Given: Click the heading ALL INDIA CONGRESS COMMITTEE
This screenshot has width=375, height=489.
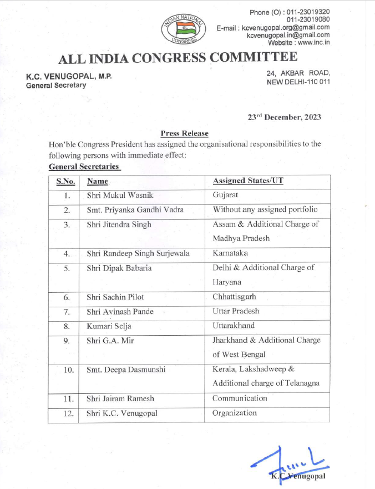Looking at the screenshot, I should coord(178,58).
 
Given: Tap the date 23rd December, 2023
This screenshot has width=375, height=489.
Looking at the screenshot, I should coord(284,117).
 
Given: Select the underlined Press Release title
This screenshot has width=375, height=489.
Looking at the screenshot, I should coord(185,133).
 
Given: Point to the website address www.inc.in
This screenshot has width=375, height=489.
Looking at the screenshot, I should coord(307,42).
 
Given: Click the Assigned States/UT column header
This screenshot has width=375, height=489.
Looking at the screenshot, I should coord(249,181).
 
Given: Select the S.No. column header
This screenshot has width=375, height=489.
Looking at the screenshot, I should coord(66,181).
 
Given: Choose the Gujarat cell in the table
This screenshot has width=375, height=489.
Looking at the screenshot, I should coord(225,196).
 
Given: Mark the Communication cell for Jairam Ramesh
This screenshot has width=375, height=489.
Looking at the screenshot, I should coord(240,398).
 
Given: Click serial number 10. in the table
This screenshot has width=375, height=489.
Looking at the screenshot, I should coord(67,370).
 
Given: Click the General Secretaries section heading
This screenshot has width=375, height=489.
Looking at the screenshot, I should coord(84,166).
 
